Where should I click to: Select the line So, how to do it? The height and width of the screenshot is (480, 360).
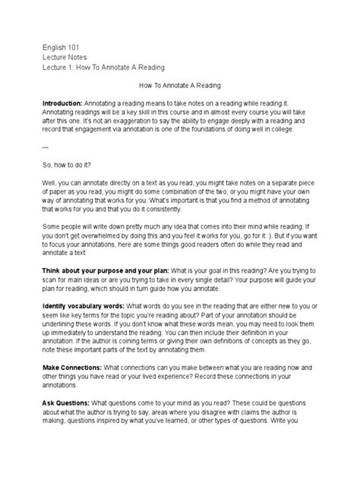point(73,164)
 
